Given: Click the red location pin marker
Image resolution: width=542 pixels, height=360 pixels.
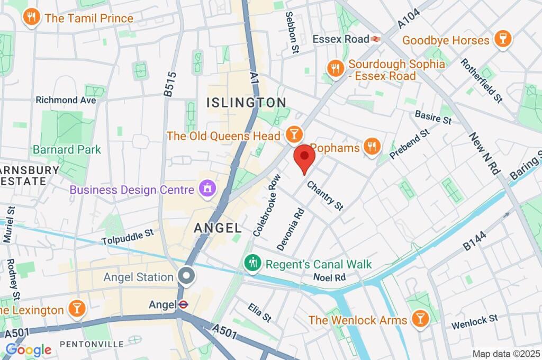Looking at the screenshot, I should tap(304, 157).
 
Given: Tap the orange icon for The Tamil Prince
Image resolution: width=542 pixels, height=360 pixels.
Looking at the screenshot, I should tap(32, 18).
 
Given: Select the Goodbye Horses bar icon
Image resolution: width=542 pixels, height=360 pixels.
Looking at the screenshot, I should tap(499, 40).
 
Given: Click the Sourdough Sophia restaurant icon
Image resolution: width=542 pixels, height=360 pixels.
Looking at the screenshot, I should tap(335, 68).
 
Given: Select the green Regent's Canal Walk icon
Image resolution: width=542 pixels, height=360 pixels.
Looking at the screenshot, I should tap(252, 263).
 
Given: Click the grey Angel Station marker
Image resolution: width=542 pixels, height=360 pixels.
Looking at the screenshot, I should tap(186, 276).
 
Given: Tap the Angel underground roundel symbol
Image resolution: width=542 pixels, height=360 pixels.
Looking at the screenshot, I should tap(183, 304).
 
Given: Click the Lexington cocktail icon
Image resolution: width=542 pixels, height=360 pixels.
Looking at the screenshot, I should tap(77, 309).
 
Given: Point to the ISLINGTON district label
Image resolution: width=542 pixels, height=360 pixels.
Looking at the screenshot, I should tap(246, 102).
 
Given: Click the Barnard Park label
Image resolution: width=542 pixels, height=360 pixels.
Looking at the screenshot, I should tap(67, 150).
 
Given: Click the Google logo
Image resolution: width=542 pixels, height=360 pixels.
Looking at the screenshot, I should tap(29, 349).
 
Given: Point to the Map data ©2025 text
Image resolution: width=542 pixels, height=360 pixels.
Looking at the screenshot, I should tap(505, 353).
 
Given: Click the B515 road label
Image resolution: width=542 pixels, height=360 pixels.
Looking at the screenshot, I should tap(169, 84).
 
